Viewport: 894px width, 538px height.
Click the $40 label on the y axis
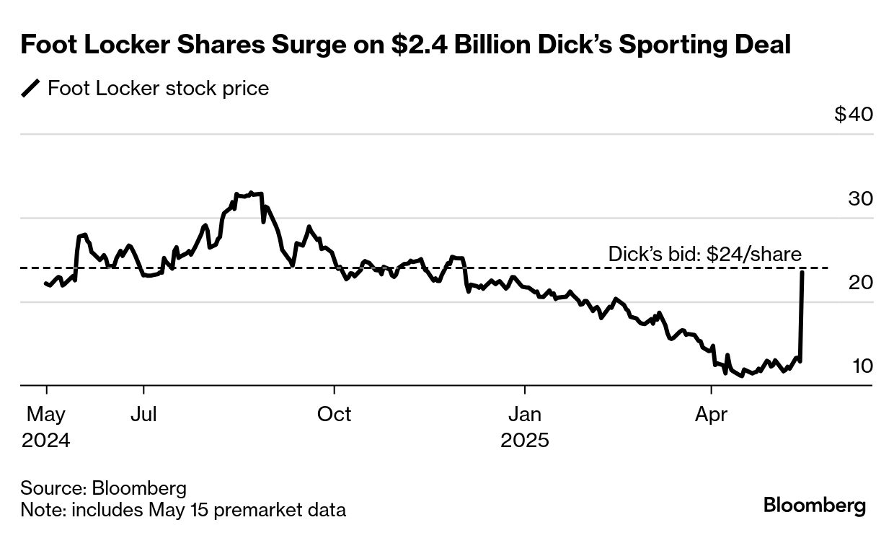[854, 115]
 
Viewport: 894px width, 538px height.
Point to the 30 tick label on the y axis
[860, 199]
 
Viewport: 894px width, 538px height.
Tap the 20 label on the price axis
[860, 283]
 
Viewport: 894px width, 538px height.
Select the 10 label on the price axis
[862, 366]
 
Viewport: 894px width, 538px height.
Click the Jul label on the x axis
[144, 414]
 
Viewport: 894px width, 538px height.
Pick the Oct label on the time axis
[335, 414]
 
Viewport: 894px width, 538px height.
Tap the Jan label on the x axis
[524, 414]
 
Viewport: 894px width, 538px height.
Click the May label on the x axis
[46, 414]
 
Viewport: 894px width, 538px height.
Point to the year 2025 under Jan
[525, 440]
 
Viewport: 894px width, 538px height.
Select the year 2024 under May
[46, 440]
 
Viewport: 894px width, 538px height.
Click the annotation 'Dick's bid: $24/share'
[705, 254]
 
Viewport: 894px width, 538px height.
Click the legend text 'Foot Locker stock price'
[158, 89]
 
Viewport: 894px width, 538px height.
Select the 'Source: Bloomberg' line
[103, 488]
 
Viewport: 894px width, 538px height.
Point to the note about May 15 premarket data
[183, 510]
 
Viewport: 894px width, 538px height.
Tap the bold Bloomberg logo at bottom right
[815, 505]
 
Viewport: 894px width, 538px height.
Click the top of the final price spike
[802, 271]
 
